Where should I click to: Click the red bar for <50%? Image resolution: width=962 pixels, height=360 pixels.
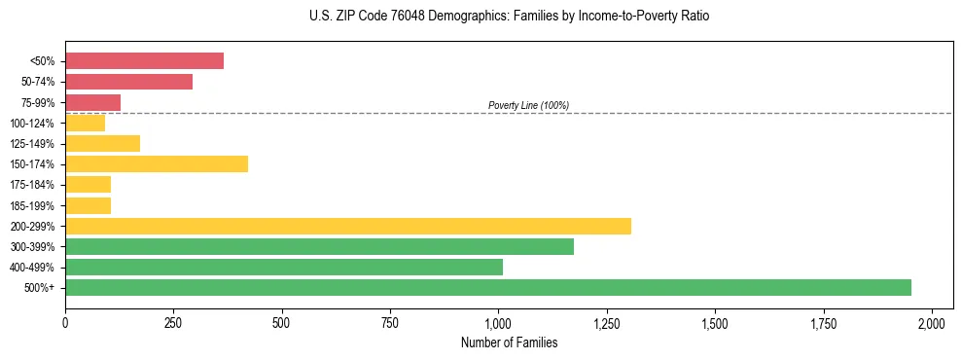(144, 61)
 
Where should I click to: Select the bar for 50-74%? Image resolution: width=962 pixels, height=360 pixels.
(128, 82)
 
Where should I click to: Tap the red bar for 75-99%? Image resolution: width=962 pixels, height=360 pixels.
(92, 102)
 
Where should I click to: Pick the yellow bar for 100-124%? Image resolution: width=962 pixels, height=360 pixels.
(85, 123)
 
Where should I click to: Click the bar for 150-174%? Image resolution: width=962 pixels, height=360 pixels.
(157, 163)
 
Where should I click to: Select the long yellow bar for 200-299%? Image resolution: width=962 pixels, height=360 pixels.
(347, 226)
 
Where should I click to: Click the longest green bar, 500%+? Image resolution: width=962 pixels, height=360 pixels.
(487, 287)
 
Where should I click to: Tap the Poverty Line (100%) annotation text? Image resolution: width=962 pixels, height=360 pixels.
(528, 105)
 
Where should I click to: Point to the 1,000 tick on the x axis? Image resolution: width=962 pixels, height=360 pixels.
(498, 322)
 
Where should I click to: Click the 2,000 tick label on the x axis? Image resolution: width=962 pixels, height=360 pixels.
(932, 322)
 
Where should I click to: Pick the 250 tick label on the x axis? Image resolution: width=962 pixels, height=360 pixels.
(173, 322)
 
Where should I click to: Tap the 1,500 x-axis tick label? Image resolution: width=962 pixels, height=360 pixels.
(715, 322)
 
